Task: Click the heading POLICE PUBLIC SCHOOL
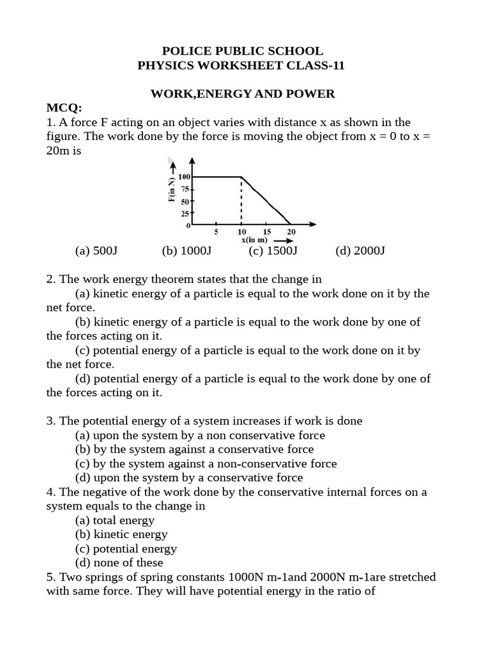(x=242, y=51)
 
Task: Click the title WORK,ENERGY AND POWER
(x=242, y=94)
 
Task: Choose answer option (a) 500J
(x=96, y=250)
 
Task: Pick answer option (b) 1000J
(x=186, y=250)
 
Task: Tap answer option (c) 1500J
(x=273, y=250)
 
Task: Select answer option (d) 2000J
(x=360, y=250)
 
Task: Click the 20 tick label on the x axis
(x=291, y=232)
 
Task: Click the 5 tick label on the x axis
(x=216, y=232)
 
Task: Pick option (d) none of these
(x=119, y=562)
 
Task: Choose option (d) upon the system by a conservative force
(x=189, y=477)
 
